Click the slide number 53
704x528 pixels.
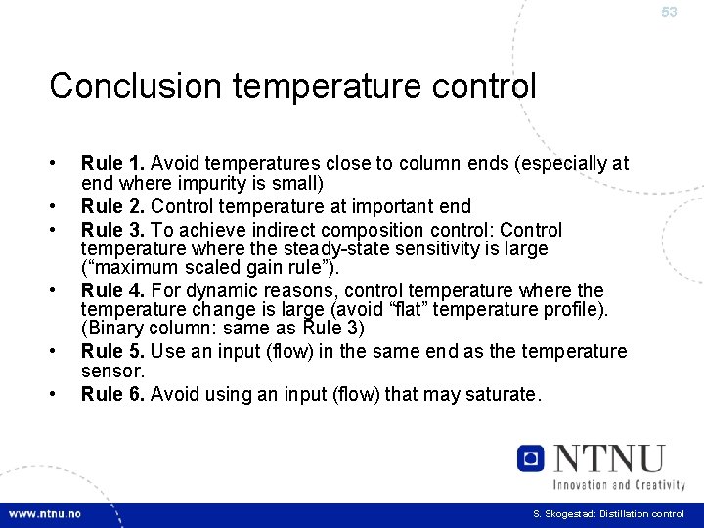pyautogui.click(x=669, y=13)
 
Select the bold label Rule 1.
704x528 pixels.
pyautogui.click(x=112, y=164)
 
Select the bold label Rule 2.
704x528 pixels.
pyautogui.click(x=112, y=206)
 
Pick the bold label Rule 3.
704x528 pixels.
pyautogui.click(x=112, y=231)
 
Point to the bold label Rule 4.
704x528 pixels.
pyautogui.click(x=112, y=291)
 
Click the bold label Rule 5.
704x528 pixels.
pyautogui.click(x=112, y=351)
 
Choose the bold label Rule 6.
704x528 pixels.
pyautogui.click(x=112, y=394)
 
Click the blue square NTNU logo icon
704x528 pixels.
pyautogui.click(x=530, y=458)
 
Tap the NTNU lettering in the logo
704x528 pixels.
pyautogui.click(x=609, y=458)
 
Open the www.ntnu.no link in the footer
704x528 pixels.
pyautogui.click(x=45, y=514)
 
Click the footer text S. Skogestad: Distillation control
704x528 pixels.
pyautogui.click(x=608, y=514)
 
